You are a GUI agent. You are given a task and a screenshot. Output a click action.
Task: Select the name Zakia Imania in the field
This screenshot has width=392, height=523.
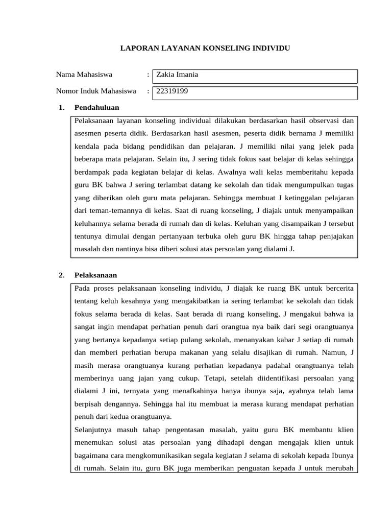(177, 75)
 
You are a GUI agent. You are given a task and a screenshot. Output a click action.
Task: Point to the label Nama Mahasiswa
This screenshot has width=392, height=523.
(84, 75)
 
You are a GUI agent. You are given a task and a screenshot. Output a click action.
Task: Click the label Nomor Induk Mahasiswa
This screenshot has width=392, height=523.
(96, 91)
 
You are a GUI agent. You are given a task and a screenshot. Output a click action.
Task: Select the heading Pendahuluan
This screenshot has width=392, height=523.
(96, 108)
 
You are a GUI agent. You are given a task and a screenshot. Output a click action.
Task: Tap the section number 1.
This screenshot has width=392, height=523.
(61, 108)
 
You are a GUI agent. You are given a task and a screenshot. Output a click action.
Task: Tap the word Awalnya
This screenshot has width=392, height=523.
(257, 172)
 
